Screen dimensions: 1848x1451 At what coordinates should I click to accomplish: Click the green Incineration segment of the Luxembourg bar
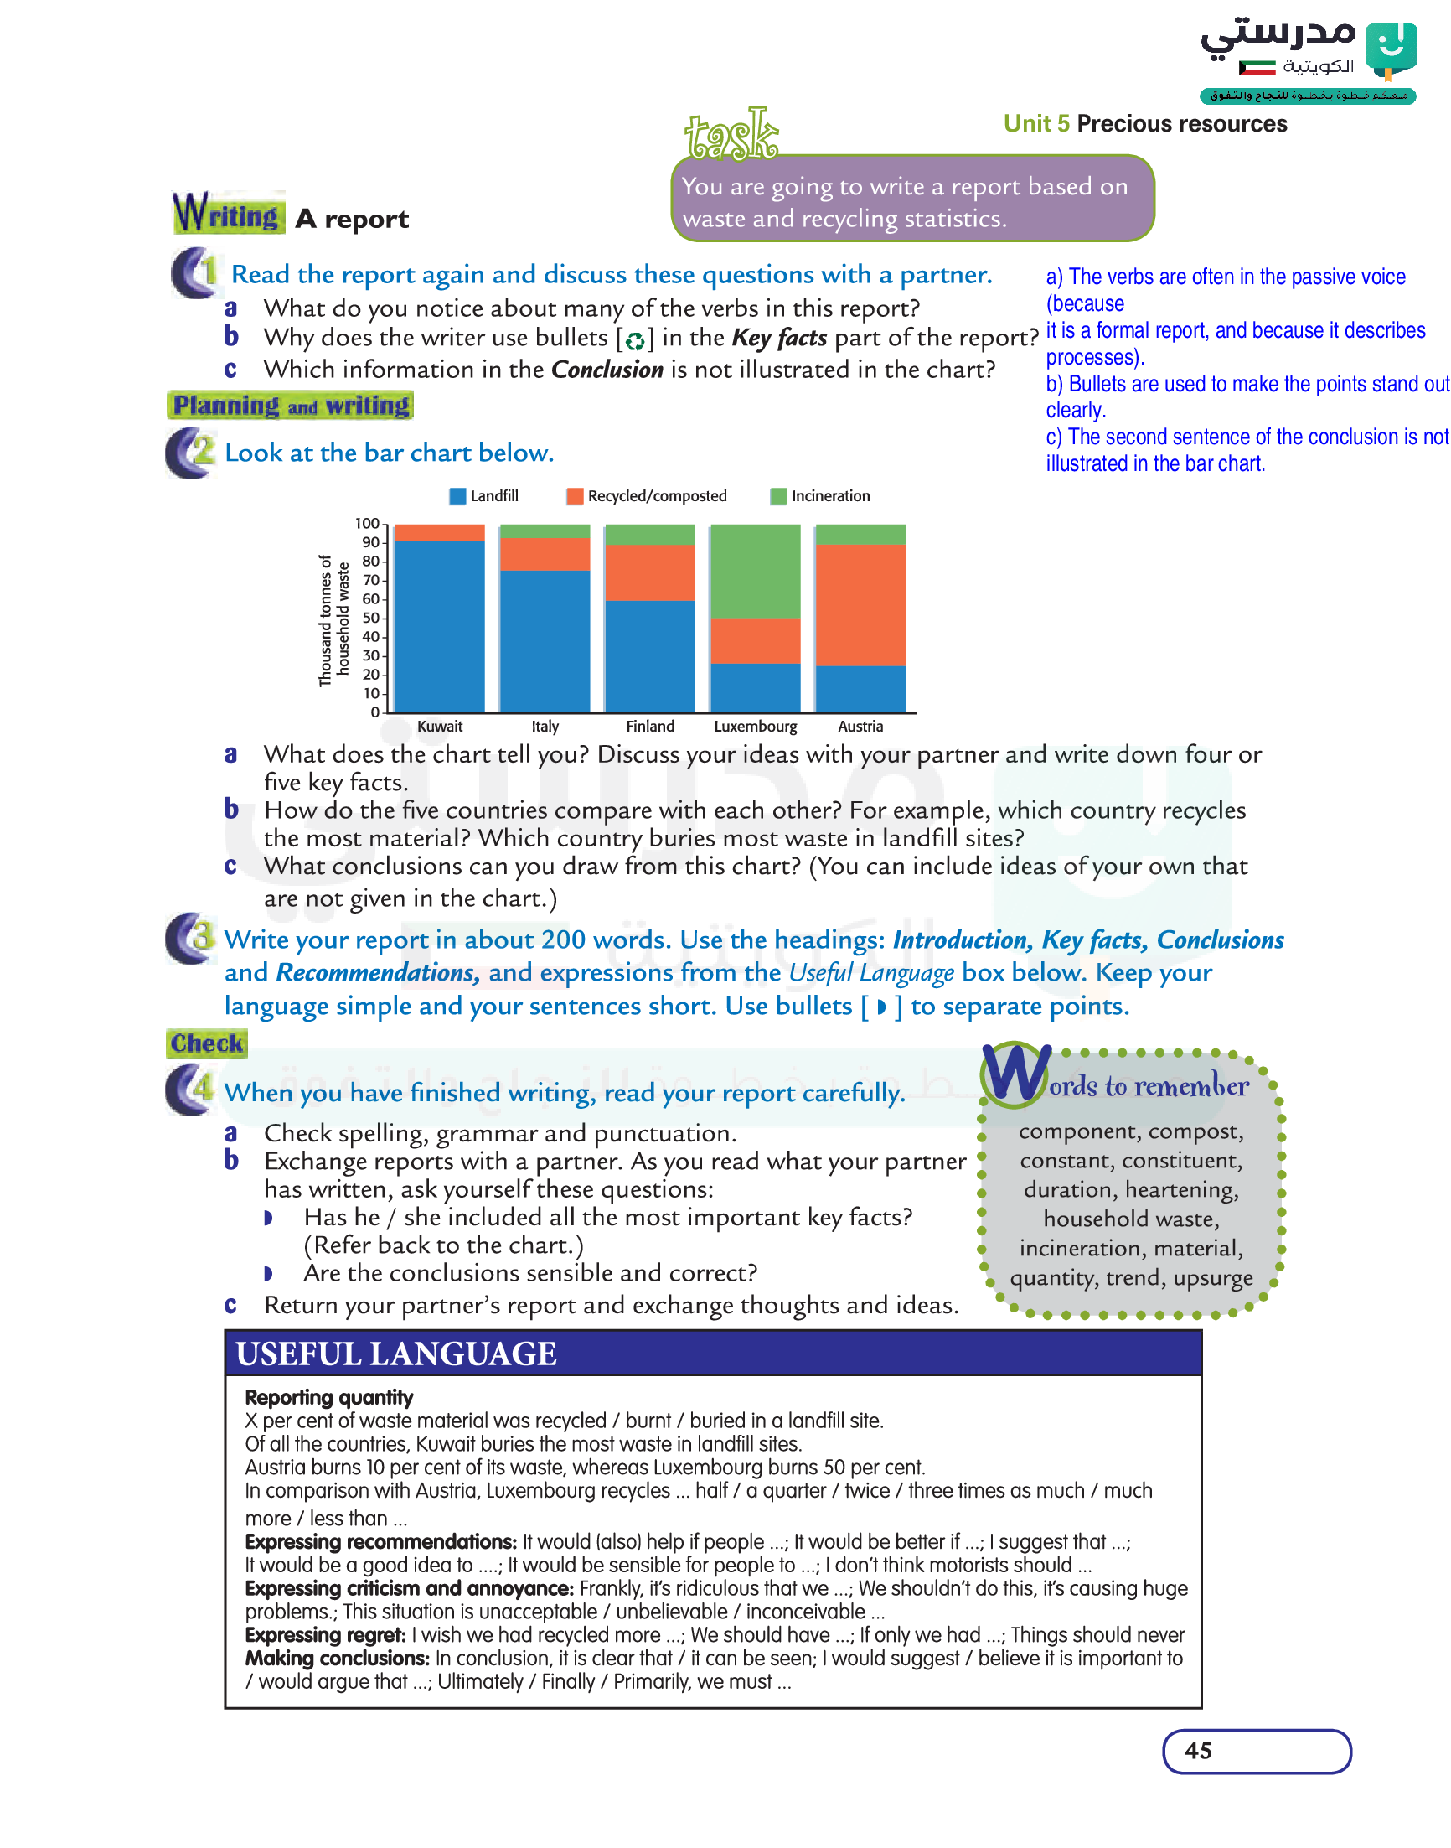click(x=755, y=571)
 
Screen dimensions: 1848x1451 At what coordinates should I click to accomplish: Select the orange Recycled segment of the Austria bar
click(x=860, y=605)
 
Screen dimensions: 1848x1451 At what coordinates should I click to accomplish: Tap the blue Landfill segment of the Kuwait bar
click(x=440, y=626)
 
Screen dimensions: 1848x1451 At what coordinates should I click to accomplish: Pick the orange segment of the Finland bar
click(x=650, y=572)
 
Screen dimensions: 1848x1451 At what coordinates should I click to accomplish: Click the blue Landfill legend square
click(x=458, y=496)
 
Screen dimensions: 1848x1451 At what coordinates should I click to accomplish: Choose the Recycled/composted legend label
click(x=657, y=496)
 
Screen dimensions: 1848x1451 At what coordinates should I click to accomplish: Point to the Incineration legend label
click(x=830, y=496)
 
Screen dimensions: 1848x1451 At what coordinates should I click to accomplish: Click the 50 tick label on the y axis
click(x=370, y=618)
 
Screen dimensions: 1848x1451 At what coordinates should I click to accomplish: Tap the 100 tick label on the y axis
click(x=367, y=523)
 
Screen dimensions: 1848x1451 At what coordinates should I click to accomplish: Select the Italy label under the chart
click(x=545, y=727)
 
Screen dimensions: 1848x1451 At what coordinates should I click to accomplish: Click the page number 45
click(x=1198, y=1750)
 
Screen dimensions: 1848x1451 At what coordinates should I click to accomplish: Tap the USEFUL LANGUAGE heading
click(x=396, y=1354)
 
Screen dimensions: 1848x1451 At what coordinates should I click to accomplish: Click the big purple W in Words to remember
click(x=1015, y=1074)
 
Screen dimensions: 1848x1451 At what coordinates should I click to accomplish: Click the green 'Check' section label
click(x=206, y=1043)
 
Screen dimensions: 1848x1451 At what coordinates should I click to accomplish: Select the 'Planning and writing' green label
click(x=291, y=406)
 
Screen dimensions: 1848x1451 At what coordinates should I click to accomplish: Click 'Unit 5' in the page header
click(x=1035, y=124)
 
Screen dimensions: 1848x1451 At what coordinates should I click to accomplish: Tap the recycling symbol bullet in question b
click(x=634, y=341)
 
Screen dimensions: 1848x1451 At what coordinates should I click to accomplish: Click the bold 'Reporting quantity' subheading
click(x=328, y=1398)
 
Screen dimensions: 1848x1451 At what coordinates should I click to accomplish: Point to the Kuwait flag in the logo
click(x=1257, y=67)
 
